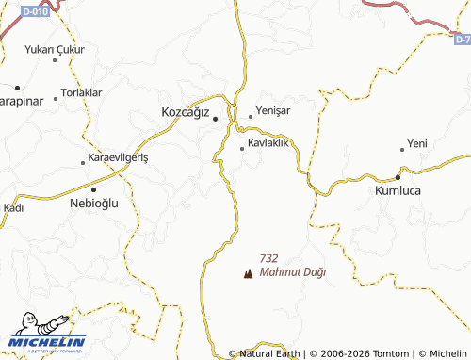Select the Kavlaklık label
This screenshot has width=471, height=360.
(268, 143)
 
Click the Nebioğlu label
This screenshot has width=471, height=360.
(95, 202)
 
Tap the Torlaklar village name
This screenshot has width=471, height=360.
(81, 92)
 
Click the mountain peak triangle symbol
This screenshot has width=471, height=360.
(248, 274)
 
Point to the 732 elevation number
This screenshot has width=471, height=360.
(268, 258)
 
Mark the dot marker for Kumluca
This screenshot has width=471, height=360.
(398, 176)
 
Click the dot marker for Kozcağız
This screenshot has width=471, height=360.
(215, 119)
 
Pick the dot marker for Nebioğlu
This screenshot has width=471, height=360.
(93, 188)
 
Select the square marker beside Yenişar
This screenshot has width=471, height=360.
(251, 117)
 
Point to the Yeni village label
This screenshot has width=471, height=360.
(417, 144)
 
